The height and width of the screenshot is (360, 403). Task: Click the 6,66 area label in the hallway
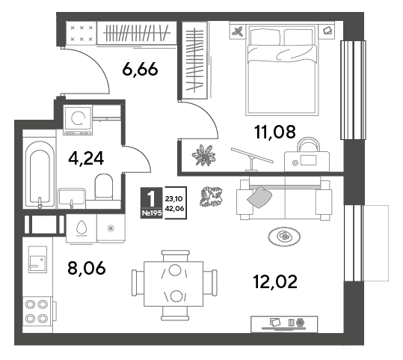pyautogui.click(x=140, y=69)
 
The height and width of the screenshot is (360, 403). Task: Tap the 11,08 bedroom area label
pyautogui.click(x=274, y=132)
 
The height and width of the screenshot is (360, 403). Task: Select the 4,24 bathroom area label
pyautogui.click(x=86, y=158)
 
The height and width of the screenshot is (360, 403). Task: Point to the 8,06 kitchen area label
pyautogui.click(x=87, y=268)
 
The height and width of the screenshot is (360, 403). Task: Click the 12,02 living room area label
pyautogui.click(x=275, y=281)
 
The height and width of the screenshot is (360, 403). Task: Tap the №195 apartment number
pyautogui.click(x=152, y=213)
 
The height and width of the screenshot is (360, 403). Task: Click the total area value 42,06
pyautogui.click(x=175, y=208)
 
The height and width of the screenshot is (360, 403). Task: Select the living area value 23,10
pyautogui.click(x=174, y=198)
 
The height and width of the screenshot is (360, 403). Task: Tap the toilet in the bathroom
pyautogui.click(x=104, y=186)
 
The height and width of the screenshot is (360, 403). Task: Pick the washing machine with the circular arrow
pyautogui.click(x=78, y=120)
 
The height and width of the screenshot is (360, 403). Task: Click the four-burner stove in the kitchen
pyautogui.click(x=38, y=311)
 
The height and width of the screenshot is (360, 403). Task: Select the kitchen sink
pyautogui.click(x=37, y=260)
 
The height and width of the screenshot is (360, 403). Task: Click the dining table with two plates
pyautogui.click(x=173, y=284)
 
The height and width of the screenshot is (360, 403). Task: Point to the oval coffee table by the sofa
pyautogui.click(x=284, y=237)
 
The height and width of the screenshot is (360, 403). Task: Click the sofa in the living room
pyautogui.click(x=284, y=198)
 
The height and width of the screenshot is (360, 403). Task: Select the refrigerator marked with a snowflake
pyautogui.click(x=111, y=228)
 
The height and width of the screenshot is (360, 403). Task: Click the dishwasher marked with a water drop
pyautogui.click(x=81, y=228)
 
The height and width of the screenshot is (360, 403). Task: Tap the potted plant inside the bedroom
pyautogui.click(x=203, y=155)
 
